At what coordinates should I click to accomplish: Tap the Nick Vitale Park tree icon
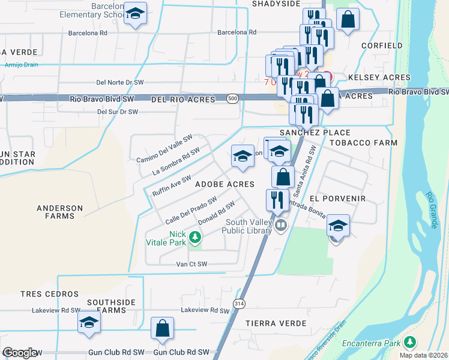[x=194, y=239]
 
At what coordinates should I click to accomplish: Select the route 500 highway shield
[x=233, y=98]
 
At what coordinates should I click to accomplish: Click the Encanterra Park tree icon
[x=410, y=342]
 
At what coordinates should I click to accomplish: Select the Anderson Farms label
[x=60, y=213]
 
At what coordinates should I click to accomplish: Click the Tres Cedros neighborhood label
[x=49, y=294]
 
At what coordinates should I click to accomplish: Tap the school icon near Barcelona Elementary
[x=136, y=14]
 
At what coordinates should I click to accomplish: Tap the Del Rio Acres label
[x=182, y=99]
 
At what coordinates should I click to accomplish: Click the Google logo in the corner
[x=20, y=353]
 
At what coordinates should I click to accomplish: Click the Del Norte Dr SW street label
[x=120, y=82]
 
